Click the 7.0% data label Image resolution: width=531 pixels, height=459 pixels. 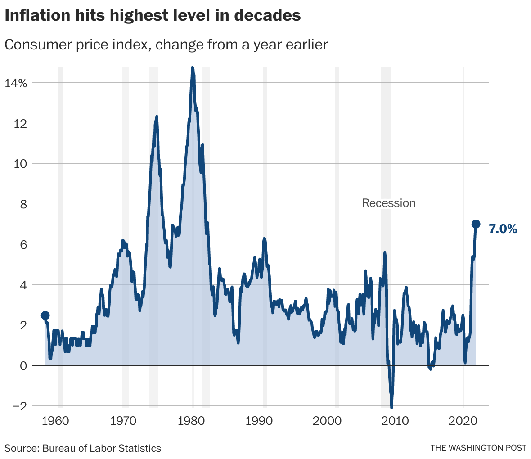click(503, 229)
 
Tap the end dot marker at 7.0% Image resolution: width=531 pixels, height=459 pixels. click(476, 224)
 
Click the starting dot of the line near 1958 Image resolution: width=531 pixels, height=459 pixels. click(45, 315)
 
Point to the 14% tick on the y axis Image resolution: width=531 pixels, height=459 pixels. click(16, 83)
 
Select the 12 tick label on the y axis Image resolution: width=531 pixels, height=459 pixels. click(21, 123)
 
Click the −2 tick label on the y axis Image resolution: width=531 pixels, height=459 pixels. click(19, 406)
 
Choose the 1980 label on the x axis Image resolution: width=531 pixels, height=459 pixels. click(193, 421)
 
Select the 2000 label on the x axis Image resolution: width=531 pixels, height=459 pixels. click(328, 421)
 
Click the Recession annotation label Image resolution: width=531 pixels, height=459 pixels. click(389, 203)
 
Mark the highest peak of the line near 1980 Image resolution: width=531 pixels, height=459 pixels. click(193, 68)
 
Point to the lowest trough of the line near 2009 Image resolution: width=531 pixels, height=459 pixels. click(391, 407)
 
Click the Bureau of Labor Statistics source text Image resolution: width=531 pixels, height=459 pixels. click(102, 448)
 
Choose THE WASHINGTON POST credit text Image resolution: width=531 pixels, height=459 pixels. click(478, 448)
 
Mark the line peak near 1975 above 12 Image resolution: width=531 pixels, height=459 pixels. click(157, 117)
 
